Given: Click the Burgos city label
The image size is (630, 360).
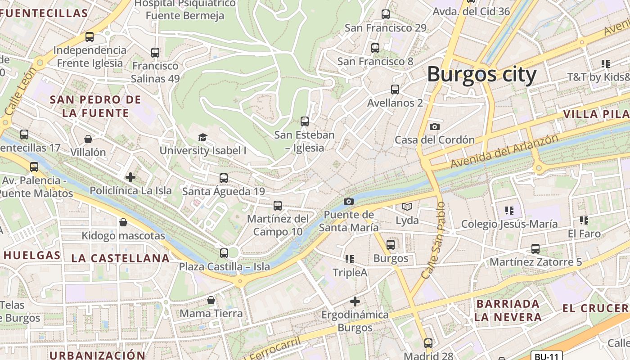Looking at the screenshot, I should tap(481, 74).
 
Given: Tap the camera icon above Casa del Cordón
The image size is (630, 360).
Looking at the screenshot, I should tap(434, 127).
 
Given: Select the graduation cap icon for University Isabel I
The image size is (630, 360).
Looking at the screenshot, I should tap(203, 137).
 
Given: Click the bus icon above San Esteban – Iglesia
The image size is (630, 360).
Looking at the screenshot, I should tap(305, 121).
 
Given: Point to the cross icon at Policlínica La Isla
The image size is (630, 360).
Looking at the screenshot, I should tap(130, 177).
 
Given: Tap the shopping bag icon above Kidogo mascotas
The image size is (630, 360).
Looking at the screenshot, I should tap(123, 222).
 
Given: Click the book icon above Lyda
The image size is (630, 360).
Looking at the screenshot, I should tap(407, 207).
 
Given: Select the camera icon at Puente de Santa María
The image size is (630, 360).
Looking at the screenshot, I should tap(348, 201).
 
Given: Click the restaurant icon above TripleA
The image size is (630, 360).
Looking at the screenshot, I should tap(350, 259).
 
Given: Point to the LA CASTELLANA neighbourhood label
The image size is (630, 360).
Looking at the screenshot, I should tap(120, 258).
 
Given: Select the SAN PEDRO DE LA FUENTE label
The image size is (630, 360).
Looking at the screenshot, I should tap(95, 106).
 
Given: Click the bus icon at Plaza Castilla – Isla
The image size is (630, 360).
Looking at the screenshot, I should tap(224, 253).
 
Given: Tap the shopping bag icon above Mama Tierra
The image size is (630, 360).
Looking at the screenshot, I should tap(211, 300).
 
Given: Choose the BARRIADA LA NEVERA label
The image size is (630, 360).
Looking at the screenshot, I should tap(508, 310).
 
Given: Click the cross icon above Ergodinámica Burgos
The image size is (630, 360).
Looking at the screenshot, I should tap(355, 301).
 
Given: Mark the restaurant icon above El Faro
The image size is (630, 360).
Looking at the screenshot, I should tap(584, 220).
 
